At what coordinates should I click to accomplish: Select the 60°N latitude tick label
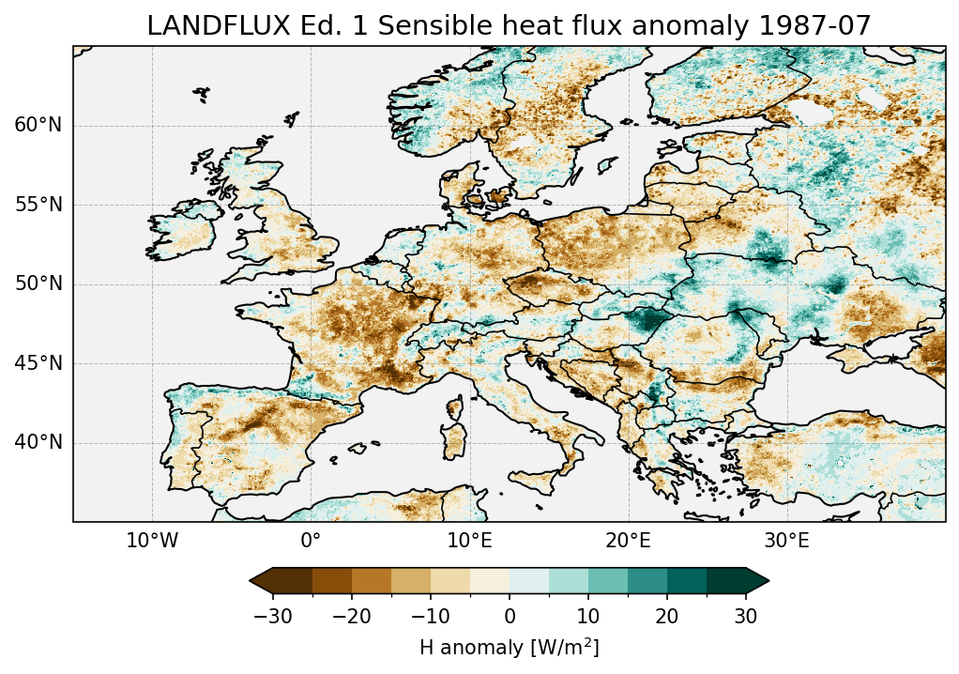click(x=38, y=126)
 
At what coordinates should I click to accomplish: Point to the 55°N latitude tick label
click(x=38, y=205)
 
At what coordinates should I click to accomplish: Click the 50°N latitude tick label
click(x=38, y=284)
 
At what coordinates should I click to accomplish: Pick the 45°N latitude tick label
click(x=38, y=363)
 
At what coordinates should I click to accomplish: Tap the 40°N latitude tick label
click(x=38, y=442)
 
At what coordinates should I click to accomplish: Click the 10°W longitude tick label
click(x=152, y=542)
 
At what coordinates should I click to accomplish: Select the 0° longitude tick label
click(x=311, y=542)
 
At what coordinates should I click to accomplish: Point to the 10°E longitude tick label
click(x=469, y=542)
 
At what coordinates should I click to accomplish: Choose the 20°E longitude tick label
click(x=628, y=542)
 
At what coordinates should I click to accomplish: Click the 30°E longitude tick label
click(x=786, y=542)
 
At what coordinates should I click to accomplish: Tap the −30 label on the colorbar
click(x=273, y=617)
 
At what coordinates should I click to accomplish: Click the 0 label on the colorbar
click(x=510, y=617)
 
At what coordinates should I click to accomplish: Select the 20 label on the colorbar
click(x=667, y=617)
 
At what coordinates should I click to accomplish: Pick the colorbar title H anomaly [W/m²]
click(x=510, y=647)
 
